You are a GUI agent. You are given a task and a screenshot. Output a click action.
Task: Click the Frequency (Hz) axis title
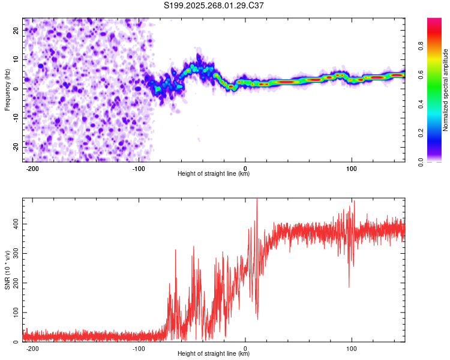coord(7,90)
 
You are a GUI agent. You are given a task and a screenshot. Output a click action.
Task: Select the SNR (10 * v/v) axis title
coord(7,270)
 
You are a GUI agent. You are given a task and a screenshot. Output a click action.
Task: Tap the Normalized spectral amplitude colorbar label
coord(446,90)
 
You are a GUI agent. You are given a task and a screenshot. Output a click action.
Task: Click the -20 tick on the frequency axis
coord(16,147)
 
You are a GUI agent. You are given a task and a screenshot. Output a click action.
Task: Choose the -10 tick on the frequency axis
coord(16,118)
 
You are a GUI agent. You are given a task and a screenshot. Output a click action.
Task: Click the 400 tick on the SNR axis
coord(15,224)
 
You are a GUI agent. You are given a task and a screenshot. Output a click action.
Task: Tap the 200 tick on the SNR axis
coord(15,283)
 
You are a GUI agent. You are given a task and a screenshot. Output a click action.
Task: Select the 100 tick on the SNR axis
coord(15,313)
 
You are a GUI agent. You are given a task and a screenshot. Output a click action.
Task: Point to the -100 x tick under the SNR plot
coord(139,348)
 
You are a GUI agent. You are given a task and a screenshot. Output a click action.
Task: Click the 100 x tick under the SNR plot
coord(352,348)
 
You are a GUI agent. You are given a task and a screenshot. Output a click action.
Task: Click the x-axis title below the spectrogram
coord(214,174)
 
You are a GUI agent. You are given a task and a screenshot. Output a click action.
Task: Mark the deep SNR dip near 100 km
coord(349,286)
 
